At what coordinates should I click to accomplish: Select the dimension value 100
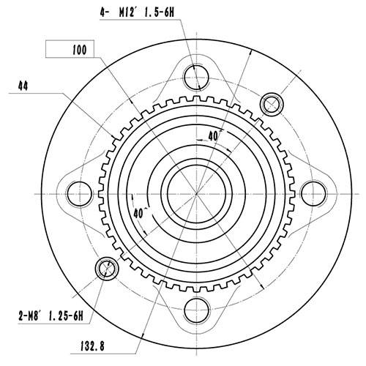tap(80, 50)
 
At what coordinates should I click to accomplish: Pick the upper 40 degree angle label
tap(214, 136)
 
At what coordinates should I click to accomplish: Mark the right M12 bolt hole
tap(313, 193)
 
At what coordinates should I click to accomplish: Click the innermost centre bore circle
tap(195, 192)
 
